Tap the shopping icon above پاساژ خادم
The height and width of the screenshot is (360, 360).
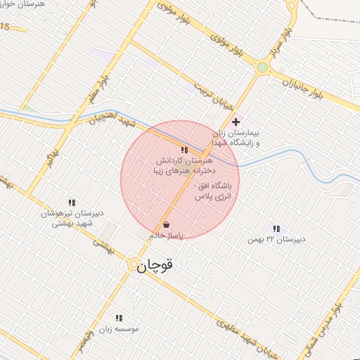pyautogui.click(x=166, y=225)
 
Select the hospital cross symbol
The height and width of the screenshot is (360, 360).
pyautogui.click(x=236, y=122)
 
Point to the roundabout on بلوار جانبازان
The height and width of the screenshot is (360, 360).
pyautogui.click(x=263, y=67)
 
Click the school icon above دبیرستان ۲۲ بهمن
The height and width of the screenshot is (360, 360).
pyautogui.click(x=276, y=229)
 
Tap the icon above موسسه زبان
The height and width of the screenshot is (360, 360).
pyautogui.click(x=118, y=318)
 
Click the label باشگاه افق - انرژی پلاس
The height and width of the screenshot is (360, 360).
pyautogui.click(x=217, y=192)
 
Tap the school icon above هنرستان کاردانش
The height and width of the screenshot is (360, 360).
pyautogui.click(x=184, y=150)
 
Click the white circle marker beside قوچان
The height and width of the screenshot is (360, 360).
pyautogui.click(x=132, y=264)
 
